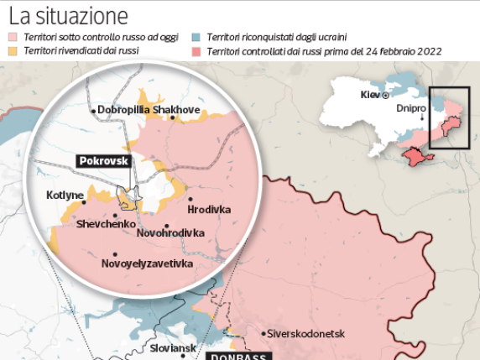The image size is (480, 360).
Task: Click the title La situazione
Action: point(69,15)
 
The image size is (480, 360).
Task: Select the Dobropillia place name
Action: point(123,110)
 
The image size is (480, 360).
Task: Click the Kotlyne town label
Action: point(65,196)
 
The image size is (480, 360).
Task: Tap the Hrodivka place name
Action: point(209,210)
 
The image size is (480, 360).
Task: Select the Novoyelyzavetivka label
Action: point(146,264)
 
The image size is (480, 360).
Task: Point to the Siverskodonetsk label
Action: point(307,333)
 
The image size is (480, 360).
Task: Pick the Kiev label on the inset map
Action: point(369,94)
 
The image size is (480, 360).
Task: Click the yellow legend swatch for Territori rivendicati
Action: point(12,52)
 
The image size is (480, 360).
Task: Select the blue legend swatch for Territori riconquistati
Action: point(196,38)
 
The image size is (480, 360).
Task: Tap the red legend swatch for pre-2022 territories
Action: point(196,52)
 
